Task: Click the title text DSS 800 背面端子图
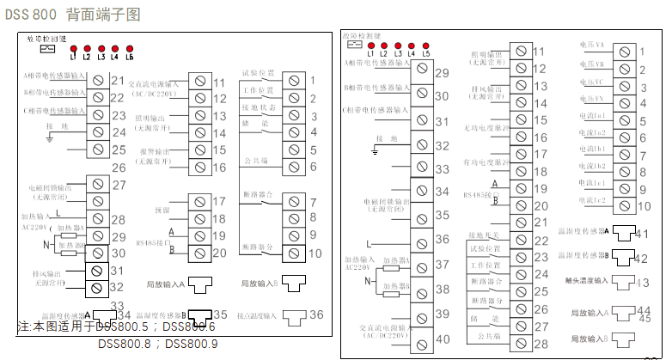[75, 15]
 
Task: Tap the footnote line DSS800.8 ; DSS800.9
[166, 344]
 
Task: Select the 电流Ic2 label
[591, 199]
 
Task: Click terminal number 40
[443, 344]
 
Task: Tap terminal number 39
[443, 315]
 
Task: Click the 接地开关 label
[483, 234]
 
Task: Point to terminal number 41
[645, 233]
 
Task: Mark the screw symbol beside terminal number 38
[421, 287]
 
